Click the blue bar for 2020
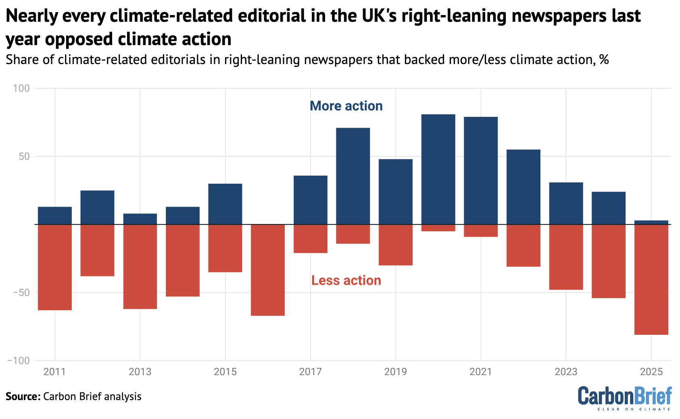point(438,169)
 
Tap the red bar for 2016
point(268,270)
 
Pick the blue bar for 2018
point(353,176)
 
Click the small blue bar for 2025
point(651,222)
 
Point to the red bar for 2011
point(55,267)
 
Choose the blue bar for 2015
point(225,204)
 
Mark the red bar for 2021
point(481,230)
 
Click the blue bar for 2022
point(523,187)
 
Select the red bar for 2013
point(140,266)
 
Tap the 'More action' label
point(346,106)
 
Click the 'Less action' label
point(346,280)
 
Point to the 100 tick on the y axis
point(22,88)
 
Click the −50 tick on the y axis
point(19,292)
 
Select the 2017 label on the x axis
point(310,371)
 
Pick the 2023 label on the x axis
point(566,371)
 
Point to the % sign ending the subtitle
point(604,60)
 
